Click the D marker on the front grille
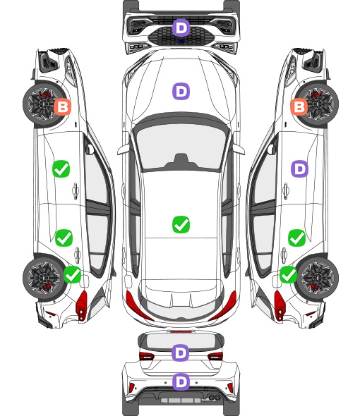click(x=181, y=27)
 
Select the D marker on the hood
click(x=181, y=91)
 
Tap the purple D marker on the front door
click(x=299, y=169)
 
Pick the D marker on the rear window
click(x=181, y=353)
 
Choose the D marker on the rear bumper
click(x=181, y=381)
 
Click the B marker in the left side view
click(x=62, y=107)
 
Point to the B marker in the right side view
click(x=299, y=107)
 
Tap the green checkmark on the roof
click(x=181, y=224)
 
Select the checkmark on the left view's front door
click(x=61, y=169)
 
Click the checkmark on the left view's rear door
click(x=64, y=238)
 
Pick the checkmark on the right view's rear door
click(x=297, y=238)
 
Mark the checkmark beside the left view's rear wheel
click(x=73, y=275)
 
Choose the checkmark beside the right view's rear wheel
click(x=288, y=275)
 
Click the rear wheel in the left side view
click(x=43, y=278)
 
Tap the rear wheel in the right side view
click(x=318, y=278)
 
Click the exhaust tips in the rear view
click(x=214, y=397)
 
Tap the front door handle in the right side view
click(x=286, y=190)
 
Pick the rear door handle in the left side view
click(x=77, y=255)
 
